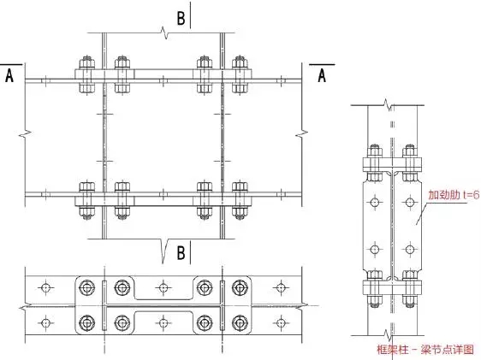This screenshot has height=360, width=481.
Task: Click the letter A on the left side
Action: (9, 75)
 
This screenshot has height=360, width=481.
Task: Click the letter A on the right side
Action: (322, 75)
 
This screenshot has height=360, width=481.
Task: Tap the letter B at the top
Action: (181, 18)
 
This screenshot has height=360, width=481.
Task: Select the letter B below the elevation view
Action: (181, 253)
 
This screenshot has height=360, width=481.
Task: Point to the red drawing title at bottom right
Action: (425, 349)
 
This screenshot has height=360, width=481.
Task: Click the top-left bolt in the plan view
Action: (86, 287)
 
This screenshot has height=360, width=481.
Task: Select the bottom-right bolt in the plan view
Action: (240, 322)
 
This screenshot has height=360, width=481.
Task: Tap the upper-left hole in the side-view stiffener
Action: (374, 202)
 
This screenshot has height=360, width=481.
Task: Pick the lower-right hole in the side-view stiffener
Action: (410, 250)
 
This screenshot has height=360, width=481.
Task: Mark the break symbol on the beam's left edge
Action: (25, 133)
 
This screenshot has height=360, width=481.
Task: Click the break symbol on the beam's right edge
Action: (302, 133)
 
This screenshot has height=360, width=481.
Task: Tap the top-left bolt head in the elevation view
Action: (86, 62)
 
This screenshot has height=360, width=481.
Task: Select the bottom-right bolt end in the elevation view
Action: (240, 212)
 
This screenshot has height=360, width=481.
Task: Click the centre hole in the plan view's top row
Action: (163, 287)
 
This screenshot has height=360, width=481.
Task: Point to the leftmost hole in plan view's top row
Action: (45, 287)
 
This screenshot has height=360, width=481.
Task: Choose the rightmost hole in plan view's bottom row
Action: (281, 322)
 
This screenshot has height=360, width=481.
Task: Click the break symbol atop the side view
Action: (389, 105)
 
